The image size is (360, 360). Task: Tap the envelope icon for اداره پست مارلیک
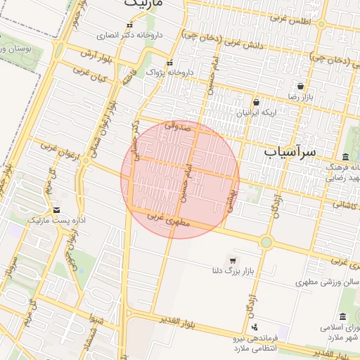(x=56, y=210)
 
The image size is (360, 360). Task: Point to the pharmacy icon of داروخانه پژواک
(x=169, y=63)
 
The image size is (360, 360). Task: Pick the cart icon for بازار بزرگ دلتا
(x=233, y=260)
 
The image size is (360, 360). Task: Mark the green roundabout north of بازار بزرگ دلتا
(x=266, y=243)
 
